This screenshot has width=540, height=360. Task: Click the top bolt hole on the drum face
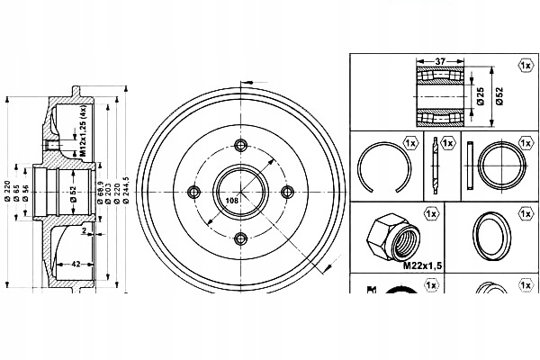point(240,147)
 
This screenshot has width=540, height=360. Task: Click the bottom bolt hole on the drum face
point(240,238)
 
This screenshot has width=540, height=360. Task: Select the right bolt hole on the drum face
point(286,192)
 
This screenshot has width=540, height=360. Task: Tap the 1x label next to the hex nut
point(430,215)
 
